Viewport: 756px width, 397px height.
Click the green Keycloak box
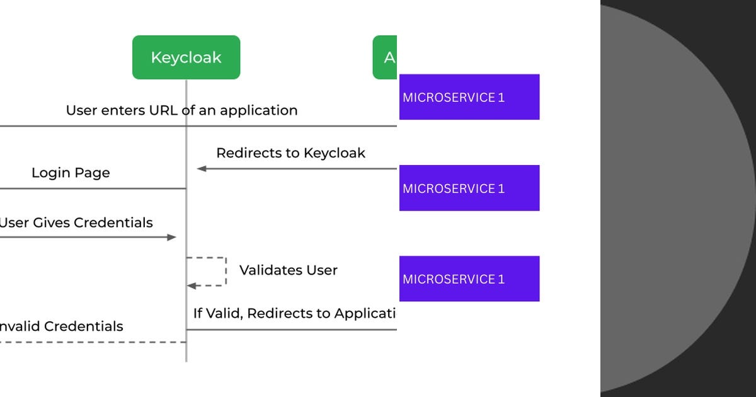[x=186, y=57]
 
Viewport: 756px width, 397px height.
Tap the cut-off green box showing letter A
[x=386, y=57]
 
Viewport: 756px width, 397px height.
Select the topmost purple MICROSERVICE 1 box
[x=469, y=97]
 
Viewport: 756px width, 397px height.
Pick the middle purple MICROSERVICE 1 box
[x=469, y=188]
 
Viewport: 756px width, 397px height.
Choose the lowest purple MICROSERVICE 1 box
[x=469, y=279]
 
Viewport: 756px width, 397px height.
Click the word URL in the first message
[x=164, y=110]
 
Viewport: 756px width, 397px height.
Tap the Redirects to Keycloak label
[x=290, y=153]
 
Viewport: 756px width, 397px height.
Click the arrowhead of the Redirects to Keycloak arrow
[x=201, y=169]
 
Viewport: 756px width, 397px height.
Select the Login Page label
[x=71, y=173]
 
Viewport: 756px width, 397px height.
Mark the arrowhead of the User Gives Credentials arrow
[x=172, y=238]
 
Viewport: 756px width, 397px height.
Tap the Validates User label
[x=288, y=270]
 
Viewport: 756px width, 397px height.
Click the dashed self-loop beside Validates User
[x=225, y=271]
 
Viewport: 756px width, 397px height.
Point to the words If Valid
[x=217, y=313]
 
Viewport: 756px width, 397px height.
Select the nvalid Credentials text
[x=61, y=326]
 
